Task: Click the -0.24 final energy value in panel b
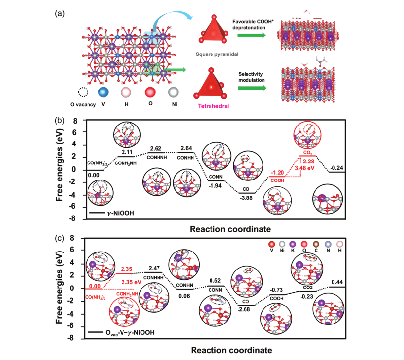[336, 168]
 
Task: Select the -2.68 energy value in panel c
[246, 309]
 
